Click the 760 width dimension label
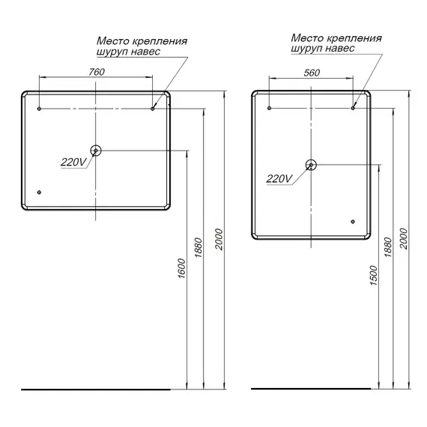click(95, 72)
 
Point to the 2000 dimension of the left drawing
click(218, 239)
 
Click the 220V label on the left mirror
click(73, 162)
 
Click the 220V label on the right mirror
click(279, 178)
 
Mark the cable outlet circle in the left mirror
click(96, 151)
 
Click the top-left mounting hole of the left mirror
click(39, 109)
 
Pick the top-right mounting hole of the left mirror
click(152, 109)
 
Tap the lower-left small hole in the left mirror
click(39, 192)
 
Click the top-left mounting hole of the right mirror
click(270, 109)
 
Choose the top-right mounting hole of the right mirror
click(353, 109)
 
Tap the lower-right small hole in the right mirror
click(353, 221)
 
